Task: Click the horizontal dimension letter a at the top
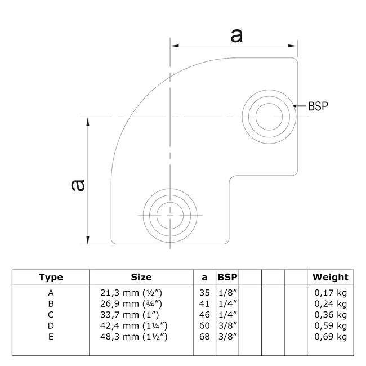pos(237,35)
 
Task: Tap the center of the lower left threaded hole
pos(169,215)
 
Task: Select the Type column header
pos(51,277)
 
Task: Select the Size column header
pos(141,277)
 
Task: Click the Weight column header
pos(331,277)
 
